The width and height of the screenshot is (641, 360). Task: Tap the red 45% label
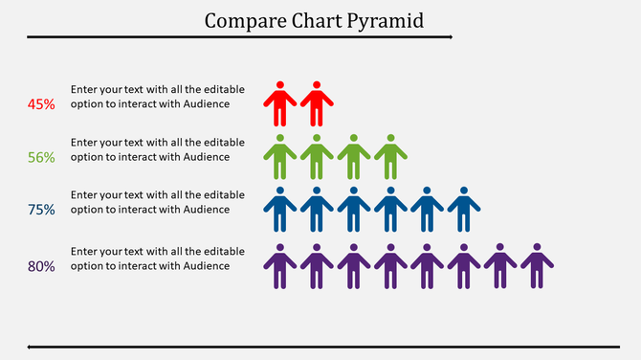coord(41,103)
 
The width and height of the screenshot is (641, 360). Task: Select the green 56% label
coord(41,157)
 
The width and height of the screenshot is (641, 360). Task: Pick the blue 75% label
coord(41,210)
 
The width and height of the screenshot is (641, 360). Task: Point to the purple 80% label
coord(41,267)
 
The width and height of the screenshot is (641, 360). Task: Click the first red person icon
coord(279,104)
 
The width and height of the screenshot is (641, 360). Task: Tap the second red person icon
coord(317,104)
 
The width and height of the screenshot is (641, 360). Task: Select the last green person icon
coord(390,157)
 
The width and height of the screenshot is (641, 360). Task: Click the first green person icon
coord(279,157)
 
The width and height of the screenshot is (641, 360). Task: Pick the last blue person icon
coord(464,210)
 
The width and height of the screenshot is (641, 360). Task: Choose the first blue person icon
coord(279,210)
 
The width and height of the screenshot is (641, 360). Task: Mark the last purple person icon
coord(538,266)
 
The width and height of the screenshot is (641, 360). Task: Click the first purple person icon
coord(279,266)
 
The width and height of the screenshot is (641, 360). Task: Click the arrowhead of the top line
coord(449,37)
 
